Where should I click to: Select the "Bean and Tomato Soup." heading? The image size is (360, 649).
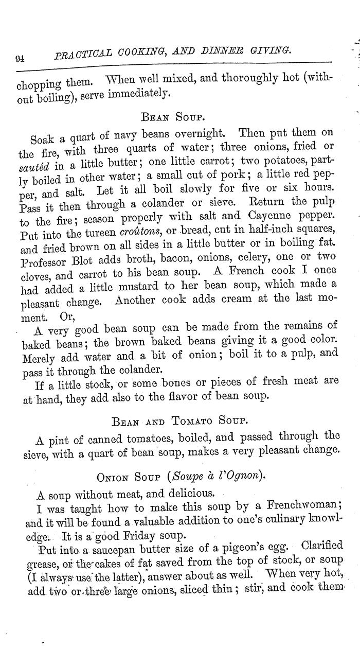pyautogui.click(x=180, y=421)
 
